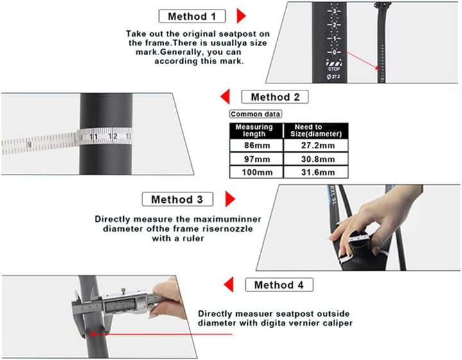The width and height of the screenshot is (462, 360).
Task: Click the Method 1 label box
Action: click(192, 16)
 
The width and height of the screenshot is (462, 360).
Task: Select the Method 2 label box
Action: click(275, 97)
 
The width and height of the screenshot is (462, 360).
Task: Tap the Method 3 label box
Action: click(177, 200)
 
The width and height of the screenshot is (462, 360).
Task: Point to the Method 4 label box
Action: click(279, 285)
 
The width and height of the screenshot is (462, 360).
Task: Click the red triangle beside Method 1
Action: click(241, 16)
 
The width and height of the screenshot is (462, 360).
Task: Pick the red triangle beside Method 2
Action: click(225, 97)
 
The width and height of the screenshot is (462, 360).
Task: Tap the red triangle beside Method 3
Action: click(230, 199)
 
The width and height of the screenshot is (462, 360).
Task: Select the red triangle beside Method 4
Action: click(228, 284)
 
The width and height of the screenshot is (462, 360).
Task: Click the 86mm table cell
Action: click(257, 146)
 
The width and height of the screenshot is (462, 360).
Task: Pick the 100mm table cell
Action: click(257, 173)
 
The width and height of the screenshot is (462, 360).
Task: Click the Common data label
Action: click(255, 114)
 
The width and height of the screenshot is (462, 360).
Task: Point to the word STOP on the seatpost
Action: click(334, 69)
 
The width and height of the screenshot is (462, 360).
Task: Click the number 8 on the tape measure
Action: click(29, 145)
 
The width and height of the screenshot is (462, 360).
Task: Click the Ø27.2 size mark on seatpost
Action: click(334, 76)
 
